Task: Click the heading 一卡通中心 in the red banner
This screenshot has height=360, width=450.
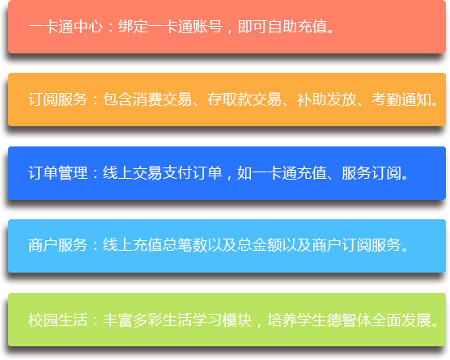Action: [66, 27]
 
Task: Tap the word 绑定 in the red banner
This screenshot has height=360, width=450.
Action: [134, 27]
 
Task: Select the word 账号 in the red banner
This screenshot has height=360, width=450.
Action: [208, 27]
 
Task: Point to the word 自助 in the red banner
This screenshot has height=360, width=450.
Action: [282, 27]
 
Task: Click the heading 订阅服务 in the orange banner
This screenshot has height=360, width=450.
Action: [58, 100]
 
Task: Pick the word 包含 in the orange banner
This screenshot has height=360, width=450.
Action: [117, 100]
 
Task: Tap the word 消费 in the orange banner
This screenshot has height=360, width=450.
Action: [147, 100]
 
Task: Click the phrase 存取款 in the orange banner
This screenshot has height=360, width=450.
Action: [230, 100]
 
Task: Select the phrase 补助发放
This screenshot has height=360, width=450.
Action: [327, 100]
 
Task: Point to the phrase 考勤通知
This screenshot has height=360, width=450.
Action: [401, 100]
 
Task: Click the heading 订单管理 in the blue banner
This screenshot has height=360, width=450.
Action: [58, 173]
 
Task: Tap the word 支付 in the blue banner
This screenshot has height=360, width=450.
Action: [177, 173]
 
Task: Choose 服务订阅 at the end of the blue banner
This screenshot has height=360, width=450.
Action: [371, 173]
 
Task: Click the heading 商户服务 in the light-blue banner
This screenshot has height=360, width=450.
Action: [58, 245]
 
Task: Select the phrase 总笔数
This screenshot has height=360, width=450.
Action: [185, 245]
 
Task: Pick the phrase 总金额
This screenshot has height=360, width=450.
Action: [260, 245]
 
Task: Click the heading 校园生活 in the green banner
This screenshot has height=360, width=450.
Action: [58, 320]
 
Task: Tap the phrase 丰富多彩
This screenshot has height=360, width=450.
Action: [133, 320]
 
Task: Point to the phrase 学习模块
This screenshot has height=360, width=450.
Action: [222, 320]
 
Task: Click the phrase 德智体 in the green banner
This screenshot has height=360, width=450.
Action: [349, 320]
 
